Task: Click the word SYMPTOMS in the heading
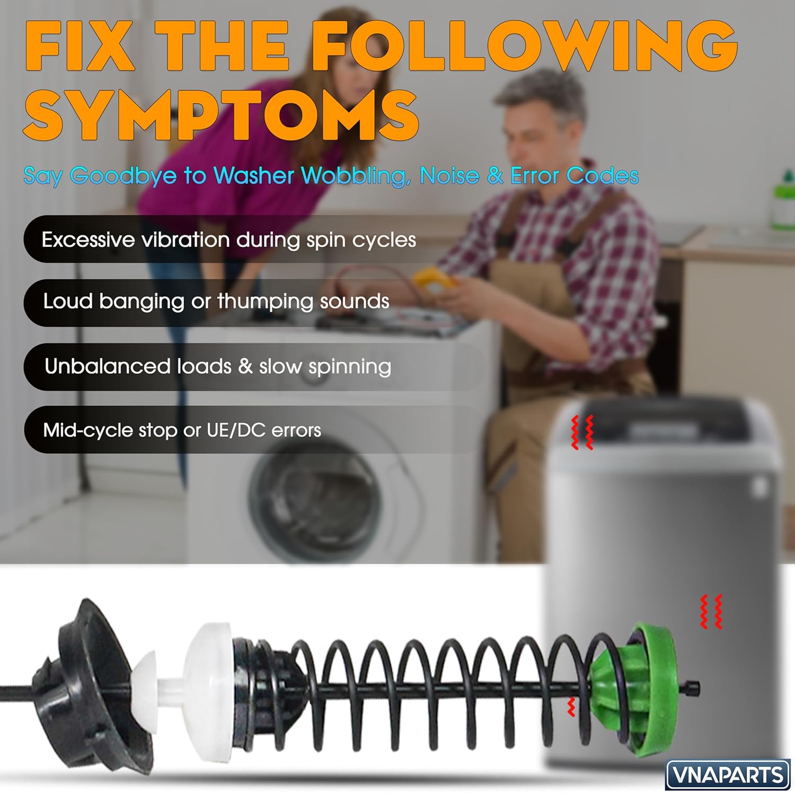click(221, 115)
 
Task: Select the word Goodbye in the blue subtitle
click(123, 175)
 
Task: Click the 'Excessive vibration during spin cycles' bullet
click(229, 240)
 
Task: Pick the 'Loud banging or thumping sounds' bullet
click(216, 302)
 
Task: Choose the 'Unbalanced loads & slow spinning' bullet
click(218, 366)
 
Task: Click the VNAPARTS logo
click(728, 775)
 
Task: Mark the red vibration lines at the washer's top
click(581, 432)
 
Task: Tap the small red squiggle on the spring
click(571, 707)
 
